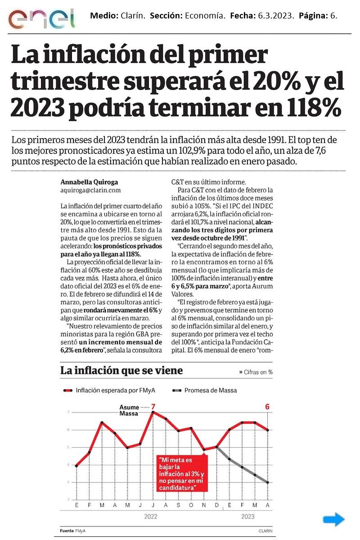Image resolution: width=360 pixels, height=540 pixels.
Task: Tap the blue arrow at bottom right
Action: tap(333, 520)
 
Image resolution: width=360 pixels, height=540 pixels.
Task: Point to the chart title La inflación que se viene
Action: tap(121, 371)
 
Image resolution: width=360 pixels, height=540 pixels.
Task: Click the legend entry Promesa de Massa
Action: tap(210, 390)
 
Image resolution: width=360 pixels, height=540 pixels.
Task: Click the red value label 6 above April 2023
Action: tap(267, 407)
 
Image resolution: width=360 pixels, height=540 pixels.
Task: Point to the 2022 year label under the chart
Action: tap(151, 517)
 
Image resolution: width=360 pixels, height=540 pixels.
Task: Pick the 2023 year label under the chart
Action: tap(248, 517)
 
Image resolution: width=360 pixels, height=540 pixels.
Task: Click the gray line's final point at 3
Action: tap(267, 482)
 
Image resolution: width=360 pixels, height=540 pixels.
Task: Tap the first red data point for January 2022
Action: tap(76, 466)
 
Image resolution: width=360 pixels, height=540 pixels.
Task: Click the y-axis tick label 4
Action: tap(68, 465)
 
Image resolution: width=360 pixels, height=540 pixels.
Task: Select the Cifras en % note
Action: tap(256, 372)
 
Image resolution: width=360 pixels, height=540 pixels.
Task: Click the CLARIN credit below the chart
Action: tap(266, 531)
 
